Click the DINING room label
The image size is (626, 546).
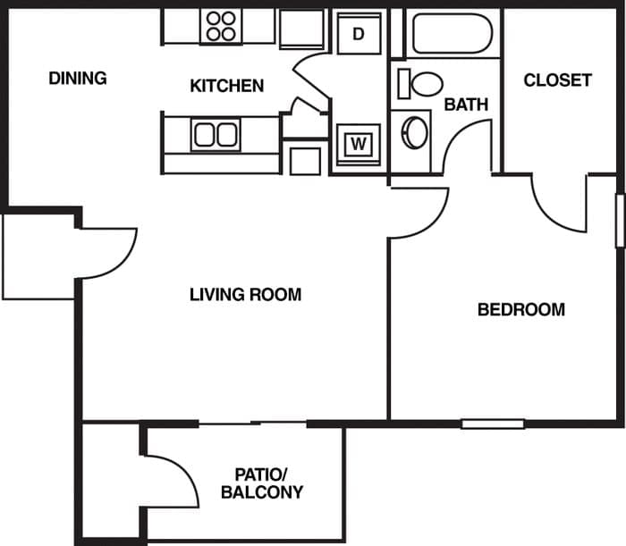coord(78,79)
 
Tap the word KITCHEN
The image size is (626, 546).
coord(227,86)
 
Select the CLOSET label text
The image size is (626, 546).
coord(557,80)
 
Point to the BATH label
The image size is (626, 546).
coord(466,105)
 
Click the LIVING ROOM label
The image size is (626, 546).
coord(245,294)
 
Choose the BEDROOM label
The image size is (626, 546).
coord(520,310)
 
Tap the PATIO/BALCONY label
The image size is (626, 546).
coord(262,483)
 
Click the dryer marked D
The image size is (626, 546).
coord(358,34)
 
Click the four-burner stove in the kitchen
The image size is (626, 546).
coord(220,27)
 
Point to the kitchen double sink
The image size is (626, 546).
coord(216,135)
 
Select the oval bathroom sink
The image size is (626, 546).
coord(415,132)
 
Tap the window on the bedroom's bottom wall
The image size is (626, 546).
coord(493,423)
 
